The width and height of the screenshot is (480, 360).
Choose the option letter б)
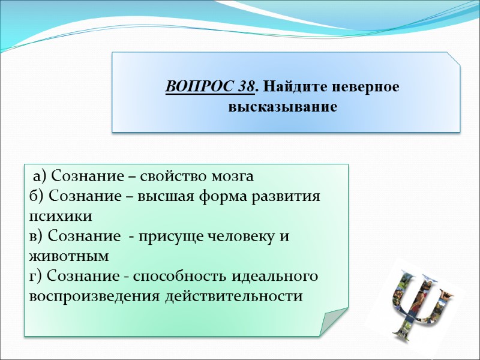pos(36,196)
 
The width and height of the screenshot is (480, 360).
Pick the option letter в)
pos(36,236)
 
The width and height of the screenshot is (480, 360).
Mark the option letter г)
pos(35,276)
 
